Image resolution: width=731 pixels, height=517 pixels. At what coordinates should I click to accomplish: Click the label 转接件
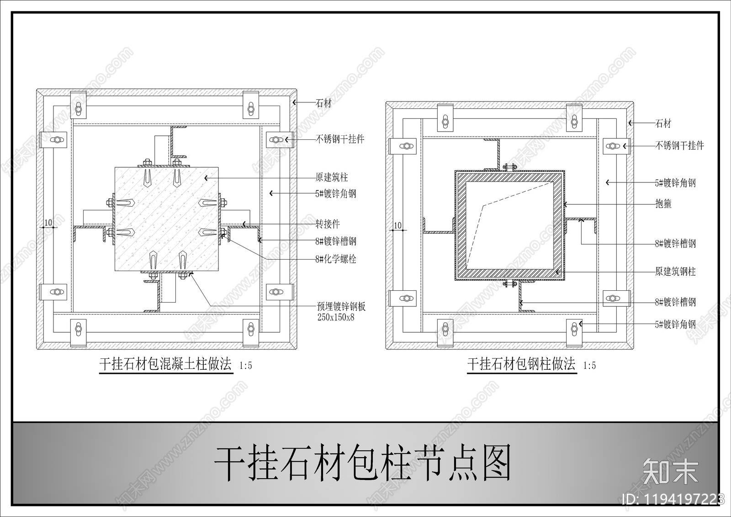328,224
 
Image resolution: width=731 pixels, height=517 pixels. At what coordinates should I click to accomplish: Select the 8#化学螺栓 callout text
335,259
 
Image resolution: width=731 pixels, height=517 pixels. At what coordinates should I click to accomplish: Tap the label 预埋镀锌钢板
341,307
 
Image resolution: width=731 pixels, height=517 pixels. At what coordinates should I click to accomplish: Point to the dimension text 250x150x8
336,317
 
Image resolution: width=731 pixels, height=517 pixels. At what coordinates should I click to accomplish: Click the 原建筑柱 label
332,177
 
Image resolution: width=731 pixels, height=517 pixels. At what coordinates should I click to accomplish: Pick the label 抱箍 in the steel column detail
663,204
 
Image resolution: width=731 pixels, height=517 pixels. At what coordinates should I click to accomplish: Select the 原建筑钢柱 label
675,272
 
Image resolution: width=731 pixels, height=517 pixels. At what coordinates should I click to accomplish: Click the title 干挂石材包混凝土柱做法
166,365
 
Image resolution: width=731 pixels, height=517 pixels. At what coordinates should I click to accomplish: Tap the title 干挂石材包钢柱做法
521,364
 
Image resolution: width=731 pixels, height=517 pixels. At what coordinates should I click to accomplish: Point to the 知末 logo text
670,470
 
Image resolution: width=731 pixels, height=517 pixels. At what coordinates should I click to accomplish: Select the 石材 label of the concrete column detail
324,103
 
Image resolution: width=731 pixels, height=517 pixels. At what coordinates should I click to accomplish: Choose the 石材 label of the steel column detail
663,123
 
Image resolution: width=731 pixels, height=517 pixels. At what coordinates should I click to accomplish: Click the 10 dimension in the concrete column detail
48,223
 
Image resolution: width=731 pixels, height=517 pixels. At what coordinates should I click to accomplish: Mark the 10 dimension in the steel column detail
397,225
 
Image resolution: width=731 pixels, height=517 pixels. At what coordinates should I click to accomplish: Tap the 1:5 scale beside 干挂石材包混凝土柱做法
245,366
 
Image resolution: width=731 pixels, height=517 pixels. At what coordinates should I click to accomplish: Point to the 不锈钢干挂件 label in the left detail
340,139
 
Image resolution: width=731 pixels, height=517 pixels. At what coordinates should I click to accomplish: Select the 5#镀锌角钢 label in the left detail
335,194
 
